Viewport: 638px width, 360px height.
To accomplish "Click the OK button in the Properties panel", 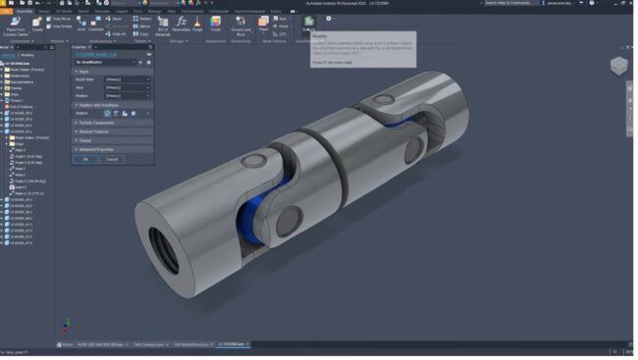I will [x=84, y=159].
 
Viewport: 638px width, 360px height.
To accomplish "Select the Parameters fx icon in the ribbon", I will [x=182, y=22].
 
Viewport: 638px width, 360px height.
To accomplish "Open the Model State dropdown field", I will [x=128, y=78].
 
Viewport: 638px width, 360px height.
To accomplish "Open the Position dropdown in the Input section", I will [x=128, y=96].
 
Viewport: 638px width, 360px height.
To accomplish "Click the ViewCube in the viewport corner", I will [x=618, y=67].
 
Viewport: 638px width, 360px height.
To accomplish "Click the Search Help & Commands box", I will [x=510, y=4].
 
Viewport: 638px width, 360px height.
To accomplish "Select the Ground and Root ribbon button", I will [x=239, y=26].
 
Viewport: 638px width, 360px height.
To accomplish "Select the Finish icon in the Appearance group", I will [x=216, y=23].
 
